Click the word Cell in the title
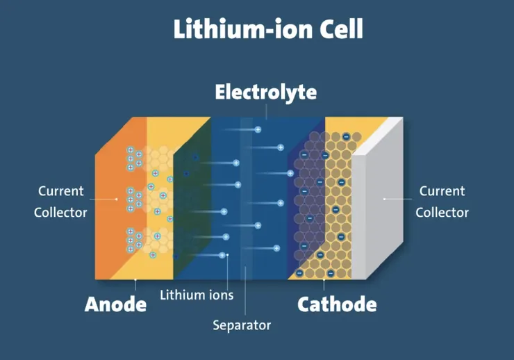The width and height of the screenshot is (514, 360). click(x=341, y=29)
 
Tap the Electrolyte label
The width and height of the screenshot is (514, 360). click(x=266, y=92)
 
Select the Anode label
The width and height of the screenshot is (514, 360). click(x=115, y=304)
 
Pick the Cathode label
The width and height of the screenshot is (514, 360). click(x=337, y=304)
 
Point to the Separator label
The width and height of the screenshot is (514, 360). click(x=242, y=325)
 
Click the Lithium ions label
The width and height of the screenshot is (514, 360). click(x=197, y=295)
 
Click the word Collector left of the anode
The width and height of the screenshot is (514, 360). click(x=60, y=213)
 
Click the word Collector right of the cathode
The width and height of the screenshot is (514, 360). click(x=442, y=213)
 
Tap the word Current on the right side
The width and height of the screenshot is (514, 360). click(x=442, y=191)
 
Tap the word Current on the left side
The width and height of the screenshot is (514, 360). click(x=60, y=191)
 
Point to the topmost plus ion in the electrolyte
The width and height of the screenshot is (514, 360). click(x=258, y=129)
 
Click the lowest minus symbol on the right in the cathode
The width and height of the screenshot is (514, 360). click(x=331, y=273)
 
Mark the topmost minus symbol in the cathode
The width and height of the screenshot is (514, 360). click(x=346, y=136)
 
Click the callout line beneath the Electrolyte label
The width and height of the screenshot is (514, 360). click(x=266, y=112)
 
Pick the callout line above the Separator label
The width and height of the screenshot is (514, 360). click(x=245, y=291)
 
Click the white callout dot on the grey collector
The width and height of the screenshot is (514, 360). click(x=385, y=199)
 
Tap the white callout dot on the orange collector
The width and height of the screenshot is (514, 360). click(x=117, y=199)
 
